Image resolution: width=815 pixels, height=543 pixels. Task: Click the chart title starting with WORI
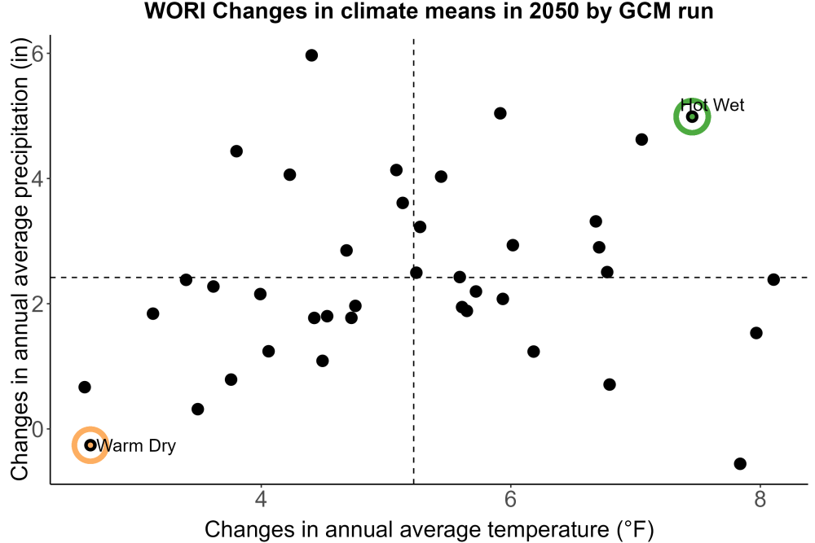(429, 11)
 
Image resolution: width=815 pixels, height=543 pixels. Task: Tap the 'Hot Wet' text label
(712, 105)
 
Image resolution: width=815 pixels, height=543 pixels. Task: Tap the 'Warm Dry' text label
(136, 445)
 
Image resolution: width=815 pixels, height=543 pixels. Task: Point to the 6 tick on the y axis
(37, 54)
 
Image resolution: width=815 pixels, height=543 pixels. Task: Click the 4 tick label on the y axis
(37, 178)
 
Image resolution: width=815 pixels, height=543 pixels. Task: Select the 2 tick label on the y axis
(37, 304)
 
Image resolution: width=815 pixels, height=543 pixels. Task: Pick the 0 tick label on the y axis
(37, 429)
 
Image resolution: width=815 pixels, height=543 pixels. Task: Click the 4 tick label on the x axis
(261, 499)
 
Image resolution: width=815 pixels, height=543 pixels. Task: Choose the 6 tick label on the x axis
(510, 499)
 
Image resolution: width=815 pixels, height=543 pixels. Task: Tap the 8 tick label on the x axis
(760, 499)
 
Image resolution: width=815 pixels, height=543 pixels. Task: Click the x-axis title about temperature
(430, 529)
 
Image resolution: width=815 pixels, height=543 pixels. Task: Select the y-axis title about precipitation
(20, 260)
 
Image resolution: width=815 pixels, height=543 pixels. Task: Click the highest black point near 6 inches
(311, 55)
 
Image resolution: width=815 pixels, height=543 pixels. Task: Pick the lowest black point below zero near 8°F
(740, 463)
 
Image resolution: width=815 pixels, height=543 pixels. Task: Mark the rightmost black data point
(773, 280)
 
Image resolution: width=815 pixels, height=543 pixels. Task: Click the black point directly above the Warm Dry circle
(84, 388)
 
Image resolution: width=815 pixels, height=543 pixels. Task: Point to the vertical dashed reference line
(414, 261)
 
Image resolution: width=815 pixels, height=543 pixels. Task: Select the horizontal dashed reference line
(429, 278)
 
